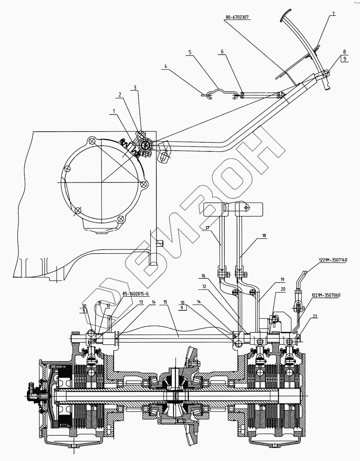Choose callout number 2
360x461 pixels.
coord(120,95)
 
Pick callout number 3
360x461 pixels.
coord(134,88)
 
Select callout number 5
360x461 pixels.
coord(190,52)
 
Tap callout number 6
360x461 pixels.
coord(222,51)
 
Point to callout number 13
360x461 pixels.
coord(142,303)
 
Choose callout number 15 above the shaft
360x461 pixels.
coord(165,303)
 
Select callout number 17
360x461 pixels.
coord(207,228)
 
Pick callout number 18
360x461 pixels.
coord(264,235)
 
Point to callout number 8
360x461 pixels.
coord(344,52)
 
